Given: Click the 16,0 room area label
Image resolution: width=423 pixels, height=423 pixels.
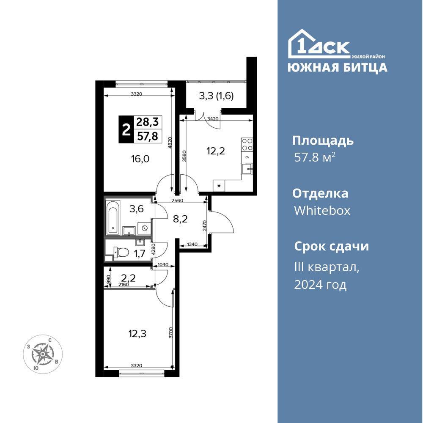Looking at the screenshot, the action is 140,159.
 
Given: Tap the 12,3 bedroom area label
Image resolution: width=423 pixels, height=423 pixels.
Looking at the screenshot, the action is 137,334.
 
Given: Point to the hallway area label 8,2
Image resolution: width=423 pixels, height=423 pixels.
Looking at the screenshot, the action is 180,219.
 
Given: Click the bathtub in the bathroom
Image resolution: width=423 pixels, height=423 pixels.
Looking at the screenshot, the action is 113,218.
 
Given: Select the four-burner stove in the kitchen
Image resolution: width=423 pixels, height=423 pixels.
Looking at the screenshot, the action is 247,144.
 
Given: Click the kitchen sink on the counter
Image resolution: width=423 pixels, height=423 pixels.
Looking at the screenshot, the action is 247,169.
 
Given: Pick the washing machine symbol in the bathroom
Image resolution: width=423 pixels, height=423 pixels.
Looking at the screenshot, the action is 144,228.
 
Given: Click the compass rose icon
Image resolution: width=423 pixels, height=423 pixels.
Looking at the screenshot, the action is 43,354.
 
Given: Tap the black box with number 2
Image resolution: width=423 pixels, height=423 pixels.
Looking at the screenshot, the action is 126,129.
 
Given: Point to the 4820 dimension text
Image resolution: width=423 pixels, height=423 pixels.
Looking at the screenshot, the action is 170,143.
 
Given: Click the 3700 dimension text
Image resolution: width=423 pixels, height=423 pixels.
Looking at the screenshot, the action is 170,332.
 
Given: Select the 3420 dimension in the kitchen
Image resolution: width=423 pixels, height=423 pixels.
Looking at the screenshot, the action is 213,118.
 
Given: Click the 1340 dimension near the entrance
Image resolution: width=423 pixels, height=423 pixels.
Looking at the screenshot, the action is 192,244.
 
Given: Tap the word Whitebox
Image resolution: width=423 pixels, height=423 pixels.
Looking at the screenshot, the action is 322,210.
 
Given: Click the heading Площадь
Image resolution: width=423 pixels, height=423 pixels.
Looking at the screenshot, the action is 323,141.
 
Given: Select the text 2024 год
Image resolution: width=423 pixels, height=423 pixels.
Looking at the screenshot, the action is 320,285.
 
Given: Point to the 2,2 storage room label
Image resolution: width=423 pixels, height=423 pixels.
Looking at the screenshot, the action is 129,277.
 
